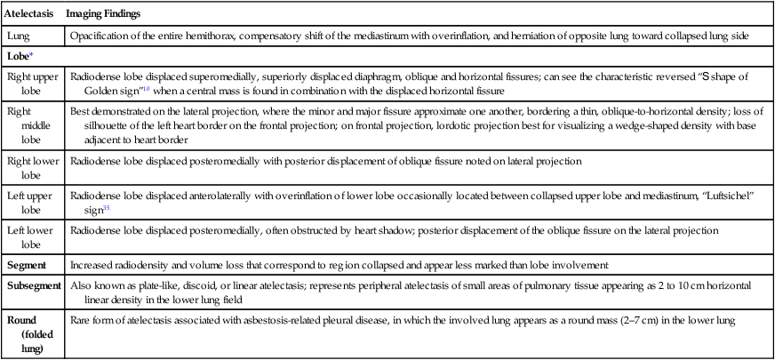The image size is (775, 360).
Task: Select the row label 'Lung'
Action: (x=19, y=36)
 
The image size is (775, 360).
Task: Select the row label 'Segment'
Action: (x=28, y=265)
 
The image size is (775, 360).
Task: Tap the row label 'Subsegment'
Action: (x=35, y=286)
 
